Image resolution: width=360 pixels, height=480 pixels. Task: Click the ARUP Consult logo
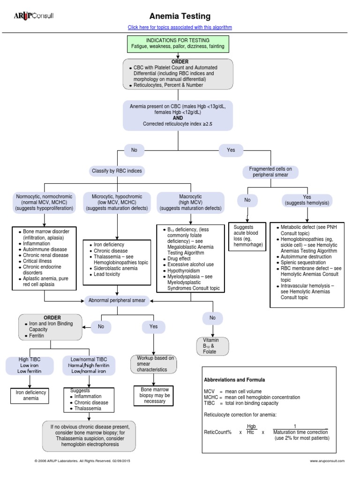tap(34, 15)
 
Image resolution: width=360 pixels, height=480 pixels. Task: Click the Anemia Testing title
tap(180, 16)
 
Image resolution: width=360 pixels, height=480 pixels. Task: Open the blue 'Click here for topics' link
tap(180, 27)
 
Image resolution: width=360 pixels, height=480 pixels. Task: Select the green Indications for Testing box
tap(178, 44)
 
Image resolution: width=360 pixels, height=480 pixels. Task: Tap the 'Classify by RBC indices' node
tap(117, 171)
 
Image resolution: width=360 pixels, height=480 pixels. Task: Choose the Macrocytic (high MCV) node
tap(190, 202)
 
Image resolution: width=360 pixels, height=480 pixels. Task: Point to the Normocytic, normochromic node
tap(45, 202)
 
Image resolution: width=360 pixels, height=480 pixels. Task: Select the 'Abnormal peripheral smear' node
tap(117, 300)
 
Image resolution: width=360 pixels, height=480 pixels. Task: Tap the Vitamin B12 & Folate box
tap(212, 346)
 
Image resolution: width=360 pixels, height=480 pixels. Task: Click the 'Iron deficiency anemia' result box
tap(30, 396)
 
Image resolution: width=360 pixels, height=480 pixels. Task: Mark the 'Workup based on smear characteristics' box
tap(153, 364)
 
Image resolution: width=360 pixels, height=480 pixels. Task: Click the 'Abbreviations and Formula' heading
tap(234, 380)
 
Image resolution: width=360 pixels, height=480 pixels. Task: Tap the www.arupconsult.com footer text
tap(327, 461)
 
